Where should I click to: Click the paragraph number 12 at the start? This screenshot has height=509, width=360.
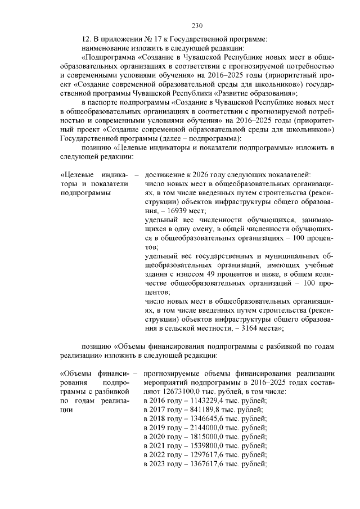pyautogui.click(x=86, y=39)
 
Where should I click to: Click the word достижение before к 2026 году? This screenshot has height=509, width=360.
pyautogui.click(x=167, y=174)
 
